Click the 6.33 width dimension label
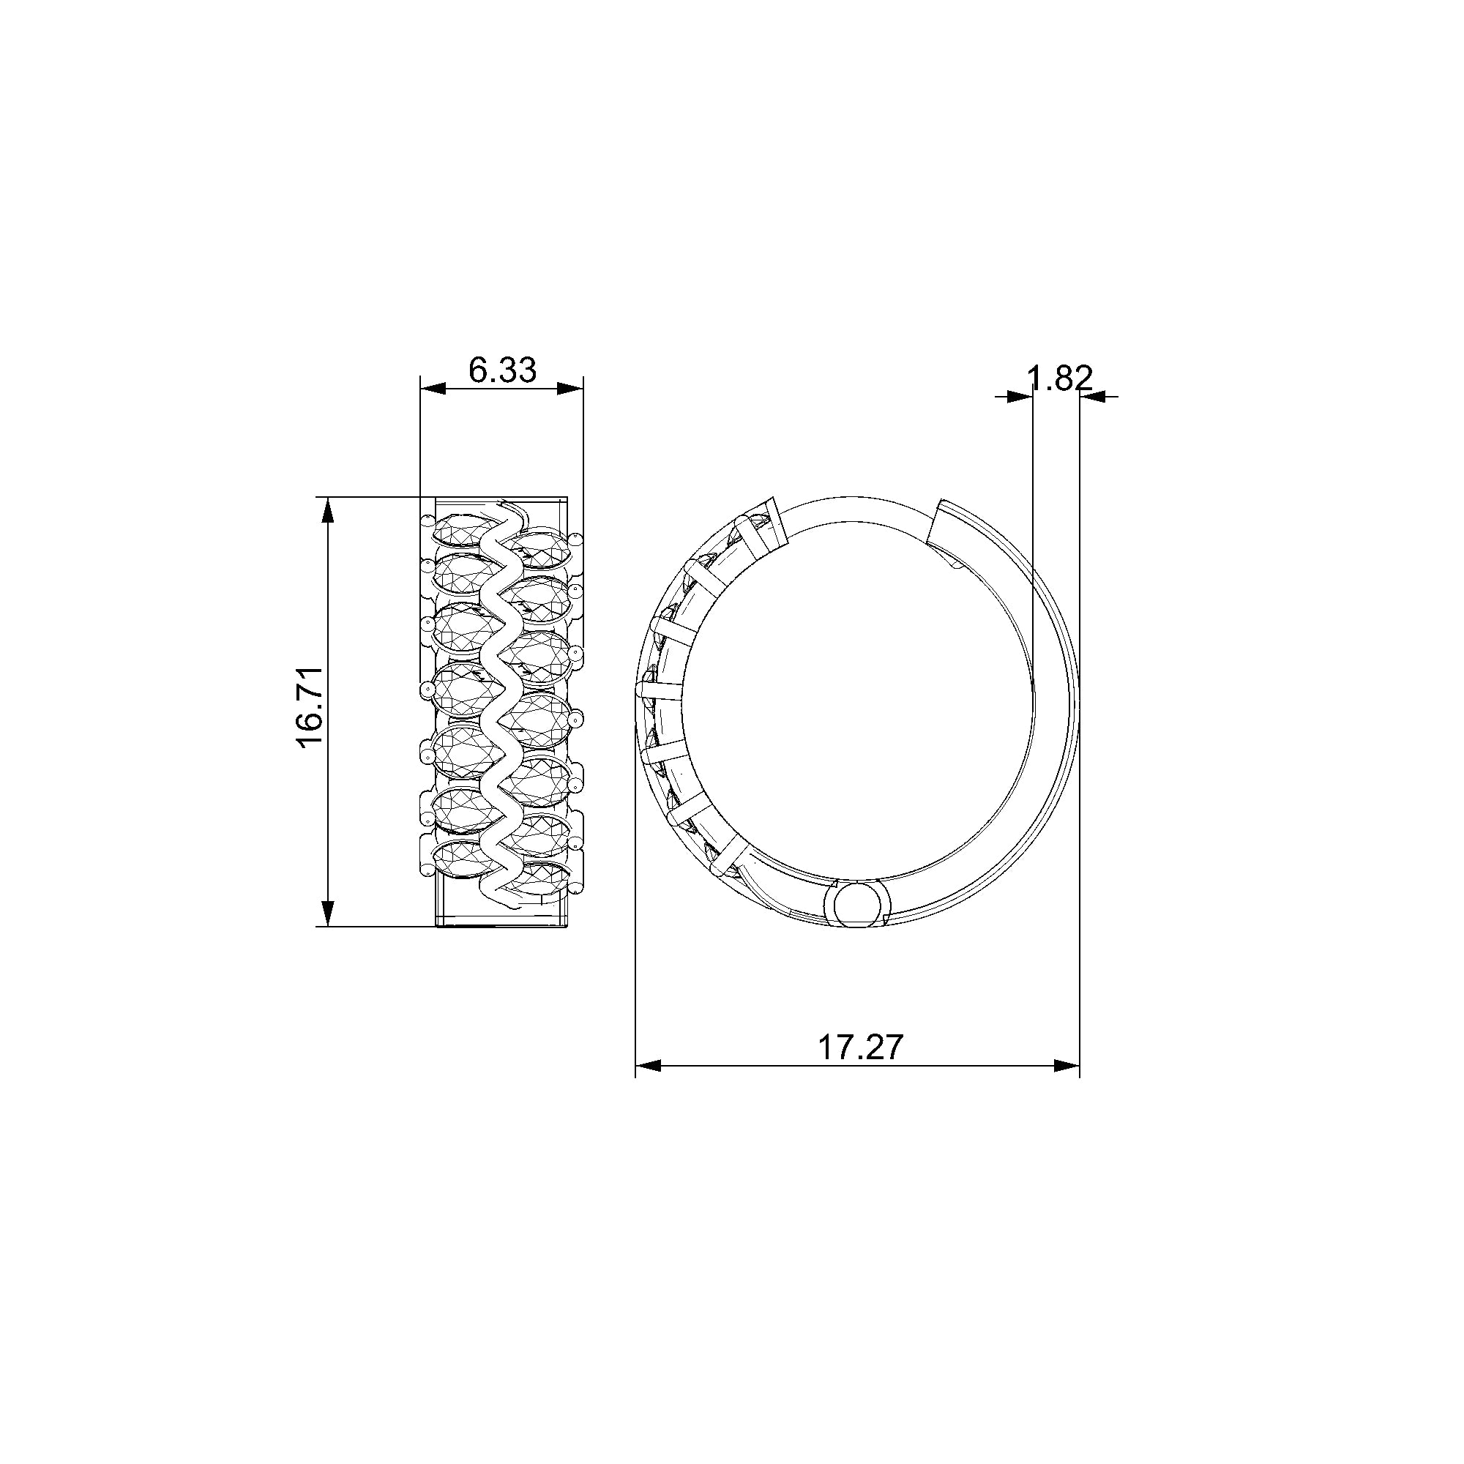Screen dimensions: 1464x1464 pos(502,370)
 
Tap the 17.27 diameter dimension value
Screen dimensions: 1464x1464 pos(861,1048)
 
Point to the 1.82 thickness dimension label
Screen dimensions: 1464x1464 pos(1060,378)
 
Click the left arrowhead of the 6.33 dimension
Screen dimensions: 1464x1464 pos(432,389)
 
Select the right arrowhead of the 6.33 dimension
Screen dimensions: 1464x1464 pos(572,389)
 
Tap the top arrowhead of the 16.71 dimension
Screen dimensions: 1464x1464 pos(327,509)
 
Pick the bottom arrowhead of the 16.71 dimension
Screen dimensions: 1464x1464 pos(327,914)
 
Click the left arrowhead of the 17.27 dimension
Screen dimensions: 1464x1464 pos(648,1065)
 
